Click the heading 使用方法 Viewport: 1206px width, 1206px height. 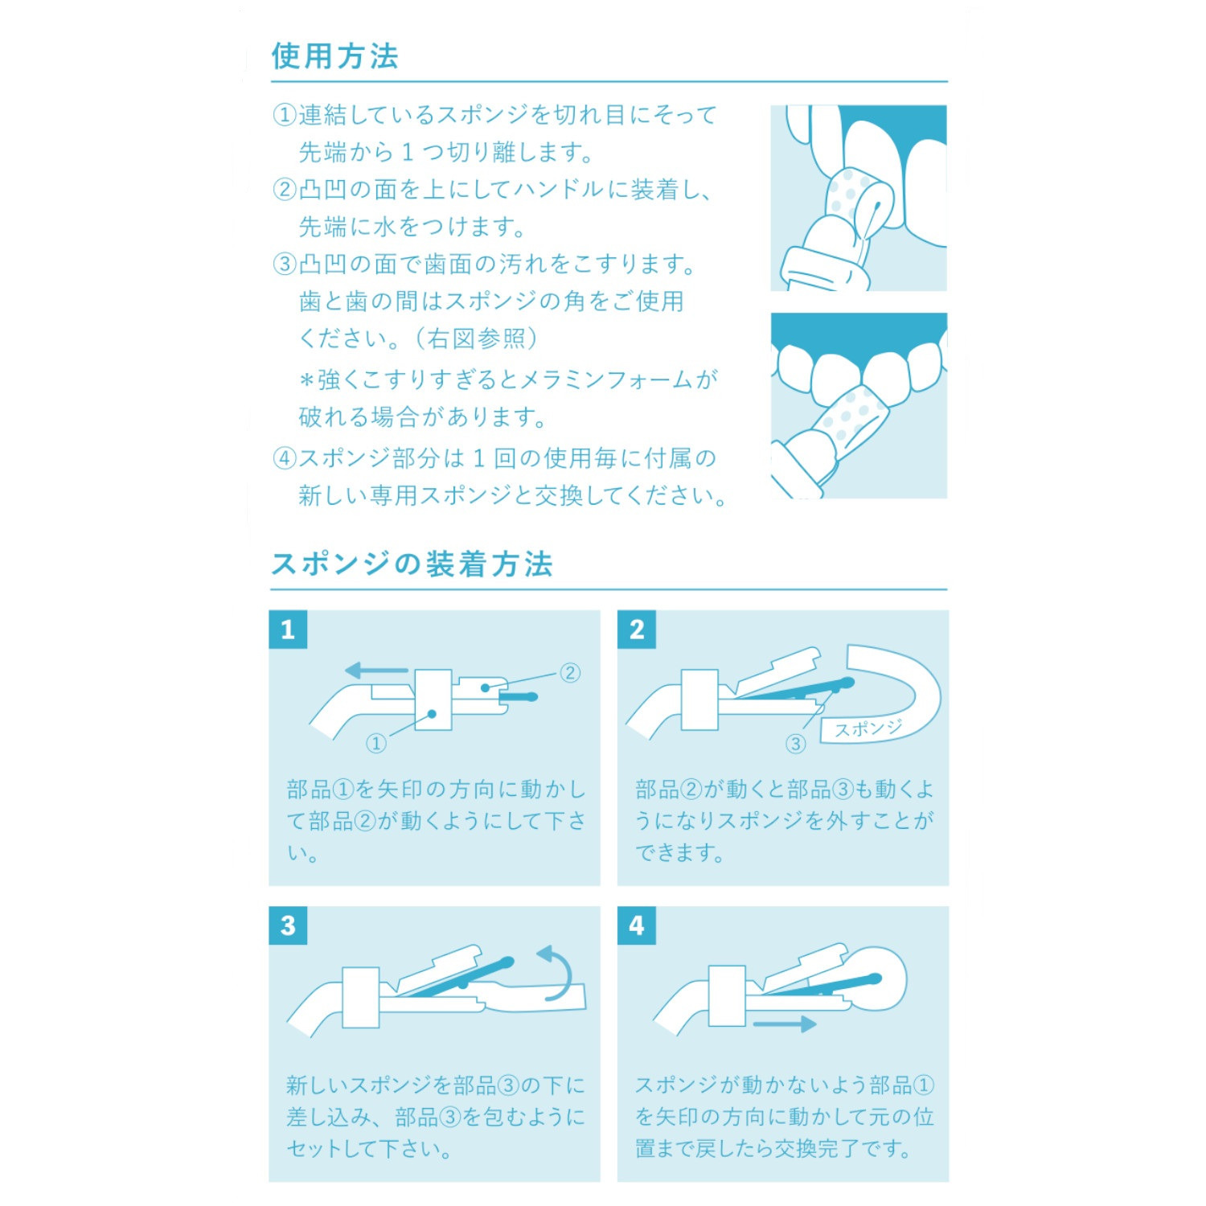point(334,56)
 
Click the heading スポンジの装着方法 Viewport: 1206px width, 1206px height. point(412,564)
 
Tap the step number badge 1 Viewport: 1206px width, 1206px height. point(288,629)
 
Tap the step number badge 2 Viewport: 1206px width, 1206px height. point(637,629)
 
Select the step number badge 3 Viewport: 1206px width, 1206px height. point(288,925)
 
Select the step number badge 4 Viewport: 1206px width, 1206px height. point(637,925)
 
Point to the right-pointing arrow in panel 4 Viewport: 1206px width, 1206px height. point(785,1023)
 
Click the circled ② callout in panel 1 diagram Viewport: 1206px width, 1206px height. point(569,673)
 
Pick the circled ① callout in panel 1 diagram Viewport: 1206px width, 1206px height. point(375,744)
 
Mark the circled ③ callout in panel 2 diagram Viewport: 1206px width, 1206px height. point(795,744)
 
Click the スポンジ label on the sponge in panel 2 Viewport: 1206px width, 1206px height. point(868,729)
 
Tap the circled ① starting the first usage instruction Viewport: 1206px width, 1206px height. point(285,115)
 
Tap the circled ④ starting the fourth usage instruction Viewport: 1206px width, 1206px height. point(285,458)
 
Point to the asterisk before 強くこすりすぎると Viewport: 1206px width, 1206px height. point(306,379)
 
